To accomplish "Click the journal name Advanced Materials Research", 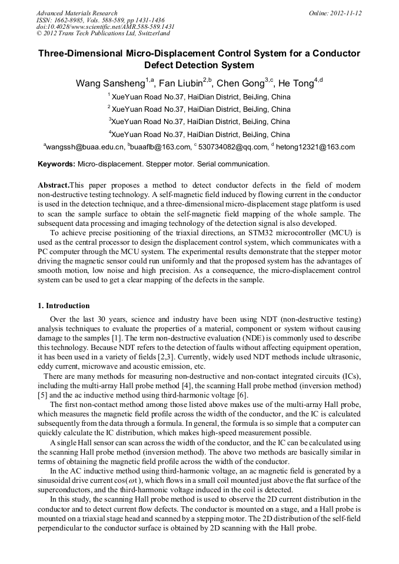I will tap(77, 13).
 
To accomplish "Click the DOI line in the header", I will tap(105, 27).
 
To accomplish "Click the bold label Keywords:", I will tap(56, 164).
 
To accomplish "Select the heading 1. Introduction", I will tap(64, 306).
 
